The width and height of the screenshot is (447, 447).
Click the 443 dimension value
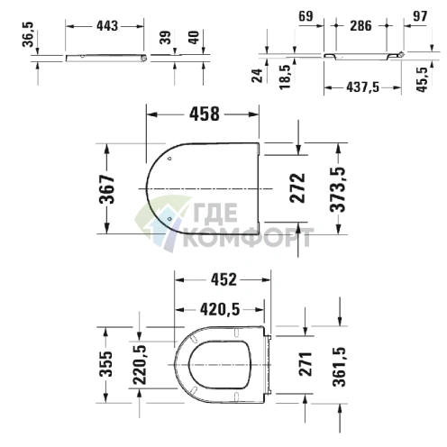point(107,26)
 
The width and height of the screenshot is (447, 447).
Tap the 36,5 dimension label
point(29,34)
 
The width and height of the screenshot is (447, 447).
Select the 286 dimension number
point(360,25)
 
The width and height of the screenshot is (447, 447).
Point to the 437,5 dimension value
point(363,87)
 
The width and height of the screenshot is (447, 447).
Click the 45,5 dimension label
point(422,79)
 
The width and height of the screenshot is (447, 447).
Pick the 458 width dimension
point(205,114)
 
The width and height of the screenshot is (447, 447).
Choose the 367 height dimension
point(107,188)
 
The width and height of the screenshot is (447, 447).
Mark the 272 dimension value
point(297,187)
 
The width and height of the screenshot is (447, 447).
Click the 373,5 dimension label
point(338,189)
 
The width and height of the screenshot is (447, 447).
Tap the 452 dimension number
point(223,279)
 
